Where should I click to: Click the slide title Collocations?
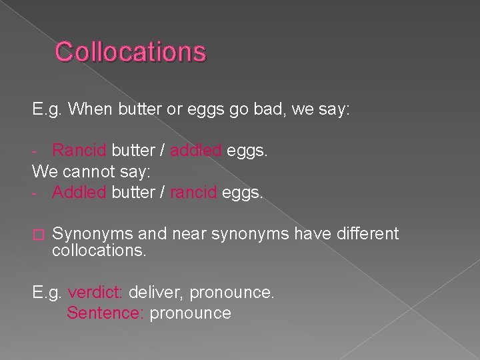click(x=131, y=51)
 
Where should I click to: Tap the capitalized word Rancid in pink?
click(x=79, y=151)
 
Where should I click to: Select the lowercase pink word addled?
click(x=196, y=151)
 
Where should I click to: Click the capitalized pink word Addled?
click(x=79, y=193)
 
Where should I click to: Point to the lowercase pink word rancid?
click(x=194, y=193)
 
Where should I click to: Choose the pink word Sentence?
click(x=105, y=313)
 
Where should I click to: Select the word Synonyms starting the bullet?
click(x=93, y=235)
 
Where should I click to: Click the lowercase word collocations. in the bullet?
click(x=99, y=251)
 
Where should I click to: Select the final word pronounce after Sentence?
click(x=191, y=313)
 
